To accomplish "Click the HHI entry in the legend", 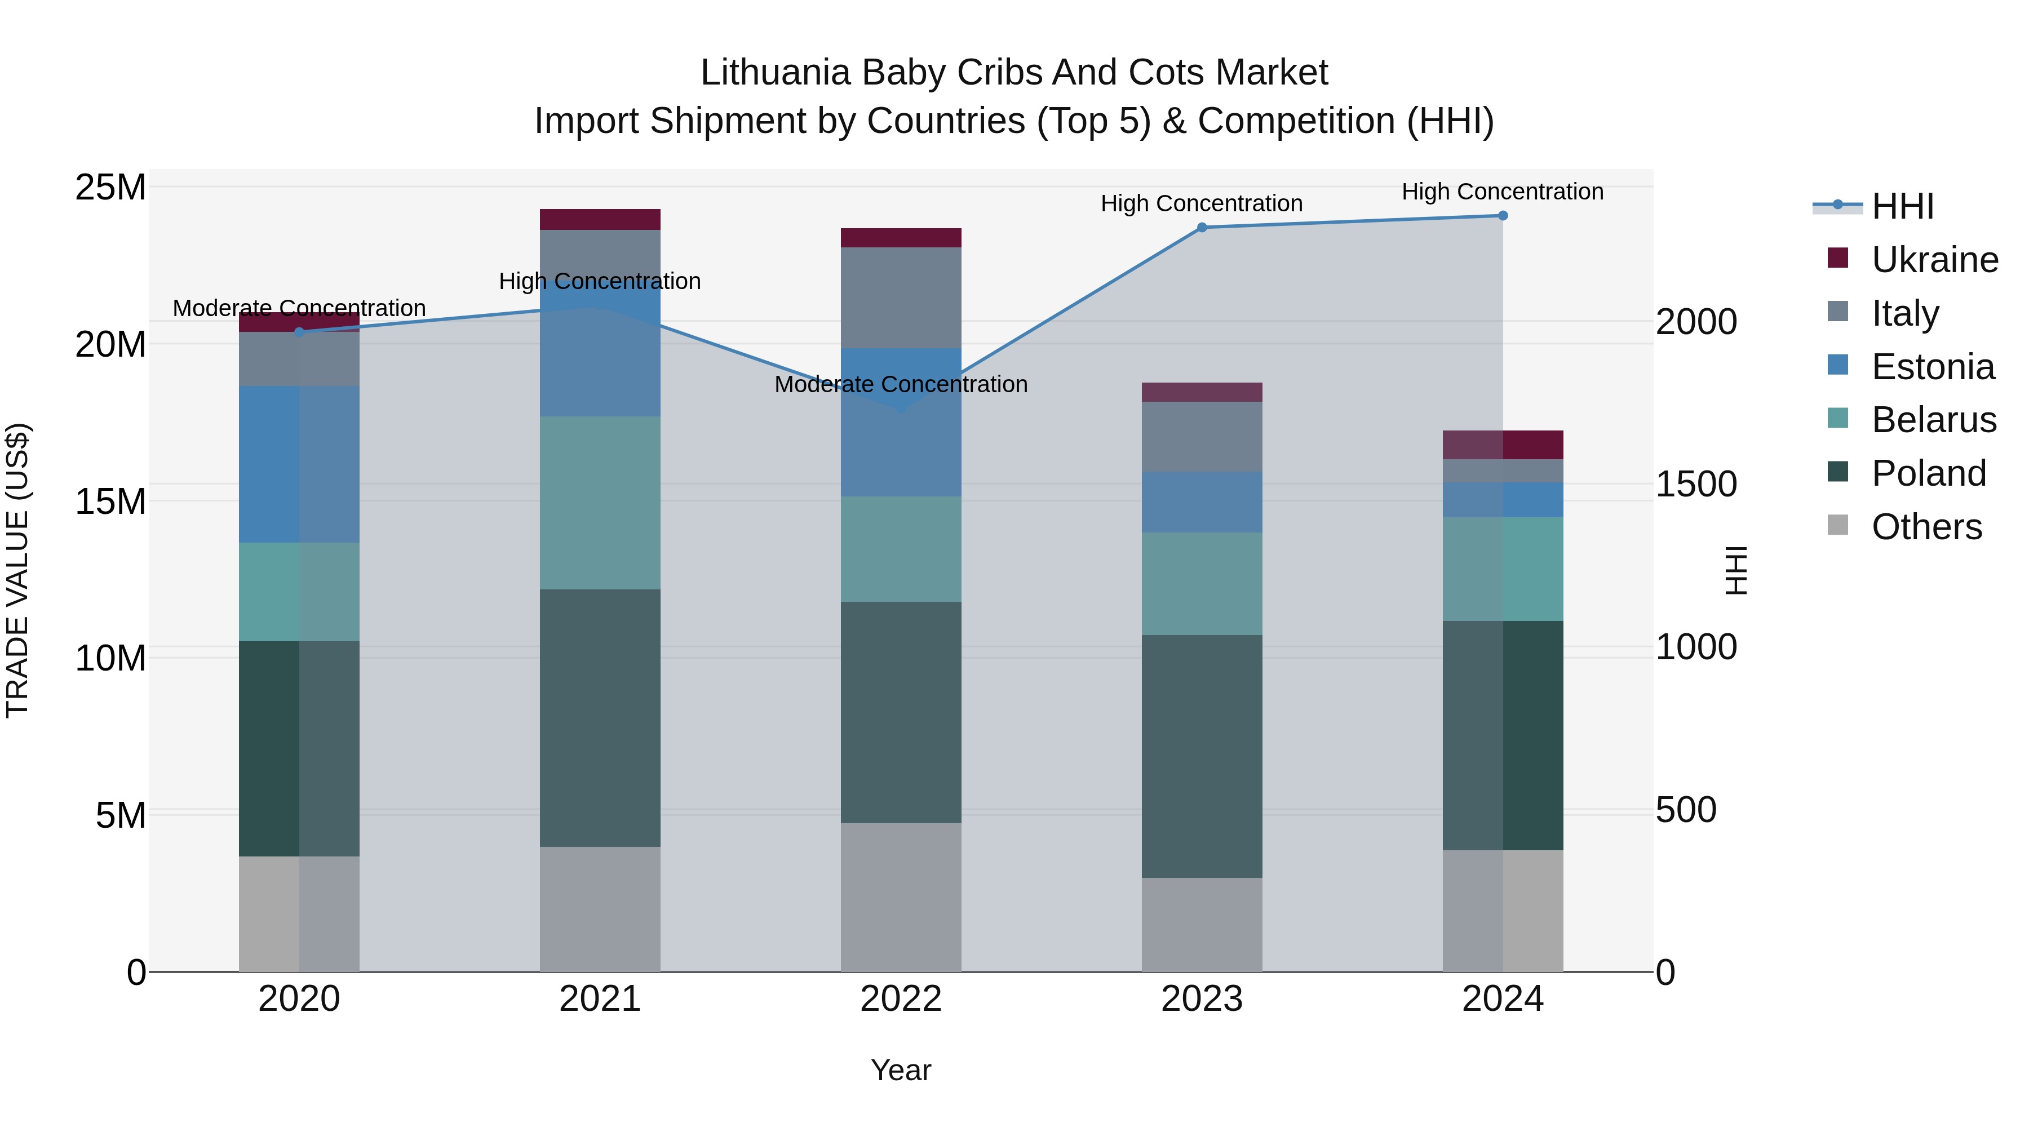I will (x=1902, y=206).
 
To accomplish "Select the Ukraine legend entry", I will (x=1934, y=260).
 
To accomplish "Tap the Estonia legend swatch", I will (x=1837, y=365).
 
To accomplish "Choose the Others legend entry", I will (x=1925, y=527).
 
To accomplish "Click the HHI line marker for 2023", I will (x=1202, y=228).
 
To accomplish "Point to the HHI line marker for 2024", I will (x=1503, y=216).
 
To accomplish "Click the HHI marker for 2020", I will (x=299, y=332).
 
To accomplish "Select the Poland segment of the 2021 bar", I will (x=600, y=718).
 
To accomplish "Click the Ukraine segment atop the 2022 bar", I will (x=901, y=238).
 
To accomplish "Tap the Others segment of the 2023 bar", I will (x=1202, y=925).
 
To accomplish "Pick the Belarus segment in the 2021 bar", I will (x=600, y=503).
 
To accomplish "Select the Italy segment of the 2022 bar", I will (x=901, y=298).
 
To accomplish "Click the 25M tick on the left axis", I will (x=110, y=188).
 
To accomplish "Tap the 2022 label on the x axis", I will (x=901, y=999).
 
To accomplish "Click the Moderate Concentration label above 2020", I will (x=299, y=308).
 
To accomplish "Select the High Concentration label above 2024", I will (x=1502, y=192).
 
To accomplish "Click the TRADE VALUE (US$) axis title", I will (x=17, y=570).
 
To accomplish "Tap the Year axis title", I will (x=901, y=1070).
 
